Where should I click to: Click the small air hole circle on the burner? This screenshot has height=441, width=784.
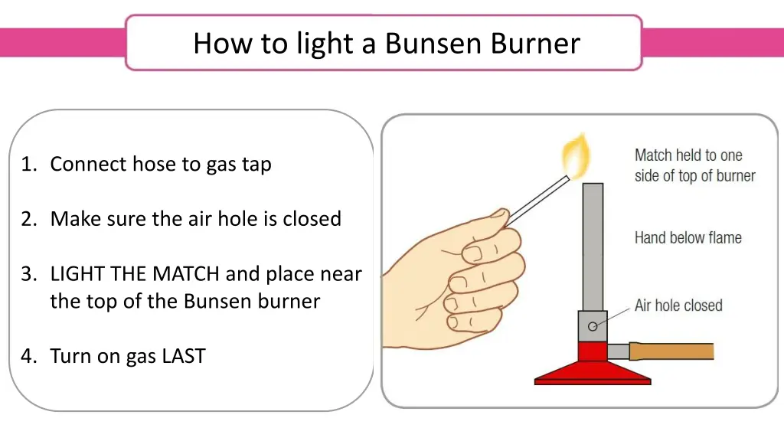pos(592,326)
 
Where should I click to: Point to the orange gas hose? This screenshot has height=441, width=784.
pos(671,351)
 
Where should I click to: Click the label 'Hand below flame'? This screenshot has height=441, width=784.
pos(688,237)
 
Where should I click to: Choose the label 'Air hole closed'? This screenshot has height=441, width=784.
pos(678,305)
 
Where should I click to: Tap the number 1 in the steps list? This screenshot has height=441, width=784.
pos(27,165)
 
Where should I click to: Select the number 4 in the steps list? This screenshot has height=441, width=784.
pos(27,356)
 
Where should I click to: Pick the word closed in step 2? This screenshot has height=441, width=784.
pos(312,219)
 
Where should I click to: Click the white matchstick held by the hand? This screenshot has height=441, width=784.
pos(536,201)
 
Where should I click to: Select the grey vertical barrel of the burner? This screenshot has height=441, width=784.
pos(592,245)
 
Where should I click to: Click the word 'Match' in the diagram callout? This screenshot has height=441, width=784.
pos(653,155)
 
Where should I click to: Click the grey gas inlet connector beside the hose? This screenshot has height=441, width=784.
pos(618,351)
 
